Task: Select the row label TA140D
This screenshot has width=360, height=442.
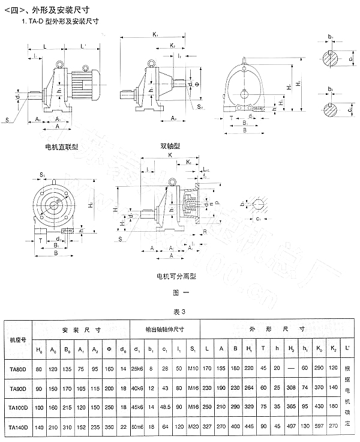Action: (x=17, y=426)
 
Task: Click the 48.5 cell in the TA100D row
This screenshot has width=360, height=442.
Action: (x=164, y=407)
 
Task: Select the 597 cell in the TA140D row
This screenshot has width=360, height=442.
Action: (x=319, y=426)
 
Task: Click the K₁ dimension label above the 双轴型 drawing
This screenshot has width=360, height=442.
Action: (x=155, y=34)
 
